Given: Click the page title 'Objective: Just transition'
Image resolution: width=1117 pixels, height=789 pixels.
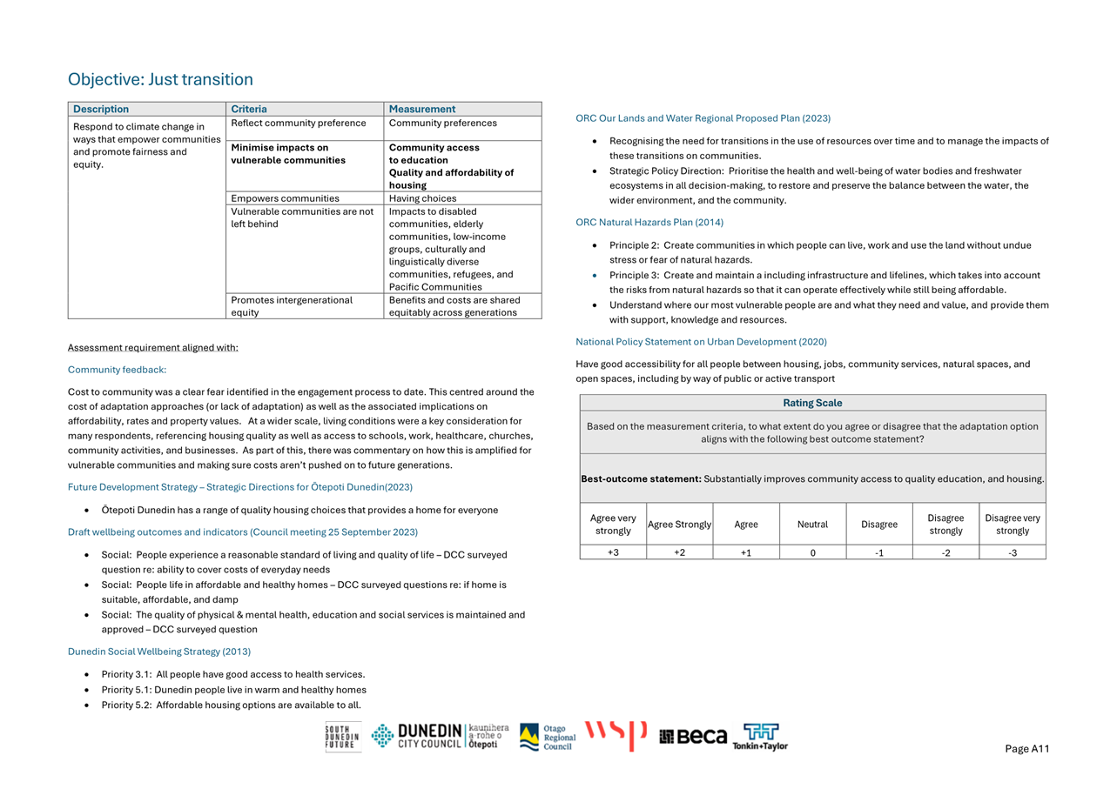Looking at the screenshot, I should (x=160, y=80).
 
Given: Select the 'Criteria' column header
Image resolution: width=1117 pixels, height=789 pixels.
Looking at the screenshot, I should (x=249, y=110).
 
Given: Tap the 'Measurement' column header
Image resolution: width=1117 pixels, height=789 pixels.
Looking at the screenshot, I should (x=422, y=110).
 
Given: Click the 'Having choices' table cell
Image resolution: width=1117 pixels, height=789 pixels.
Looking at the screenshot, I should (x=422, y=198).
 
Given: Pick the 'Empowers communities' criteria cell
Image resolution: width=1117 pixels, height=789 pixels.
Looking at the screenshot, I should (x=285, y=198).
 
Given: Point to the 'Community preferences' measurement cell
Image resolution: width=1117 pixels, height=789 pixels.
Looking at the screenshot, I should (x=442, y=124).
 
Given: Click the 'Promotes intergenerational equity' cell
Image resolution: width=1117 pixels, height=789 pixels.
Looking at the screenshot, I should (x=292, y=306).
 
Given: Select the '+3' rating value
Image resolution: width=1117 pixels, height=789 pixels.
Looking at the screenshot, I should (x=613, y=552).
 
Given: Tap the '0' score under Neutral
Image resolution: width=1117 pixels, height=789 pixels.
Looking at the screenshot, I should (x=812, y=552).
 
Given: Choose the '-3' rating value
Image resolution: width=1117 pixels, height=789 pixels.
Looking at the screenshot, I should (x=1012, y=552).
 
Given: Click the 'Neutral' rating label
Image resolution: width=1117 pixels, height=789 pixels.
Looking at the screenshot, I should (x=812, y=525).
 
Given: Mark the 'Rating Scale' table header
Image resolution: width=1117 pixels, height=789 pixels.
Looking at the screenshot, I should (x=812, y=403).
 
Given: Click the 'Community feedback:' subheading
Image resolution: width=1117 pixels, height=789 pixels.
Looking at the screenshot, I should (x=117, y=370).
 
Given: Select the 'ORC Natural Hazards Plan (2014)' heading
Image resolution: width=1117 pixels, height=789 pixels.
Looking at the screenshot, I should (x=649, y=223).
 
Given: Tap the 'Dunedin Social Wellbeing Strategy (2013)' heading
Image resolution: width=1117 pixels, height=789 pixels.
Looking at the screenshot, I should (x=159, y=652).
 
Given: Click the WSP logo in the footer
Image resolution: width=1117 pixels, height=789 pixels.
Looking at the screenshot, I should (x=616, y=735).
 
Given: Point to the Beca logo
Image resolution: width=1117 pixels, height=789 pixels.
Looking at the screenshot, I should (x=693, y=737).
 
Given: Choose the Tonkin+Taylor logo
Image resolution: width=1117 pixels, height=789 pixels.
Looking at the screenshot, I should (x=760, y=737).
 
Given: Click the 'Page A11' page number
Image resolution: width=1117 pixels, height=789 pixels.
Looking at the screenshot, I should (x=1027, y=749).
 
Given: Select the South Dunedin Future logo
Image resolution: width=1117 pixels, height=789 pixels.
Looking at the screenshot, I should (x=342, y=737).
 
